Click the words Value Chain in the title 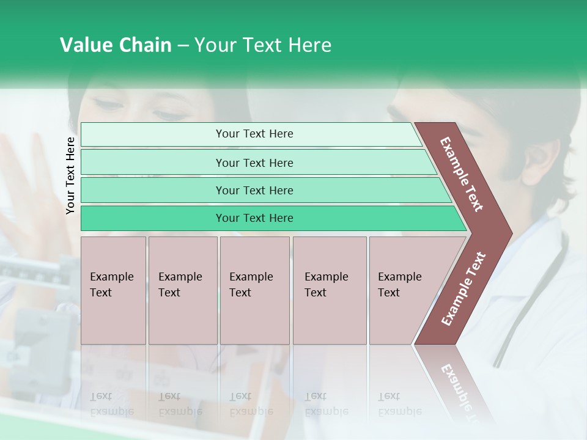coord(116,45)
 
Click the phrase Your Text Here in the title coord(263,45)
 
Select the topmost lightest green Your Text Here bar coord(254,134)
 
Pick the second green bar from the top coord(254,163)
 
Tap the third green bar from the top coord(254,190)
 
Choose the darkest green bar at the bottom coord(254,218)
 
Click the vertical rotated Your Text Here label coord(70,175)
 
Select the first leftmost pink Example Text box coord(113,290)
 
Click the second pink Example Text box coord(182,290)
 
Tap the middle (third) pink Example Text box coord(254,290)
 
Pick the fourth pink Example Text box coord(329,290)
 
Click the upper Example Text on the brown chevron coord(462,174)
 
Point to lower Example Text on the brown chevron coord(463,288)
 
